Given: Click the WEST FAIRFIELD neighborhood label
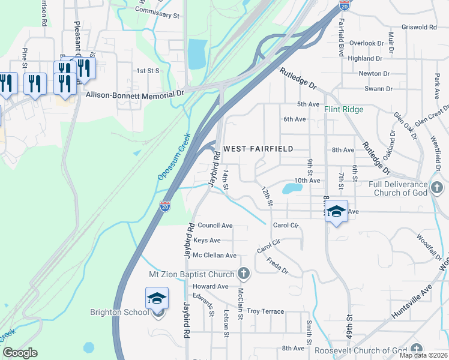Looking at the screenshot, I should (x=258, y=148).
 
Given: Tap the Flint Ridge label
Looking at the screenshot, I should (x=344, y=110).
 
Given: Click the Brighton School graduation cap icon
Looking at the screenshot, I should (x=157, y=298).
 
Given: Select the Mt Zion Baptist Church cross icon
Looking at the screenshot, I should (x=243, y=274).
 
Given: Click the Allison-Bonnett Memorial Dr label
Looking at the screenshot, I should (x=135, y=94).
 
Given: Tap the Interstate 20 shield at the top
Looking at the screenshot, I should (x=344, y=5).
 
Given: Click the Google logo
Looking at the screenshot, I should (x=20, y=353).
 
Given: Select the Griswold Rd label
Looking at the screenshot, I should (x=420, y=27).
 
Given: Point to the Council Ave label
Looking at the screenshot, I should (x=215, y=226).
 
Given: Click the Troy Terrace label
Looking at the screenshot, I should (x=265, y=311).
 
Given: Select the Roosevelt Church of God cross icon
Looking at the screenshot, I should (x=417, y=350).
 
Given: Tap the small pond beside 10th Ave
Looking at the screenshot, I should (x=292, y=189).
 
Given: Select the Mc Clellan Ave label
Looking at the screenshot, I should (x=214, y=256).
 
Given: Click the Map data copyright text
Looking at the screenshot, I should (x=423, y=355).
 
